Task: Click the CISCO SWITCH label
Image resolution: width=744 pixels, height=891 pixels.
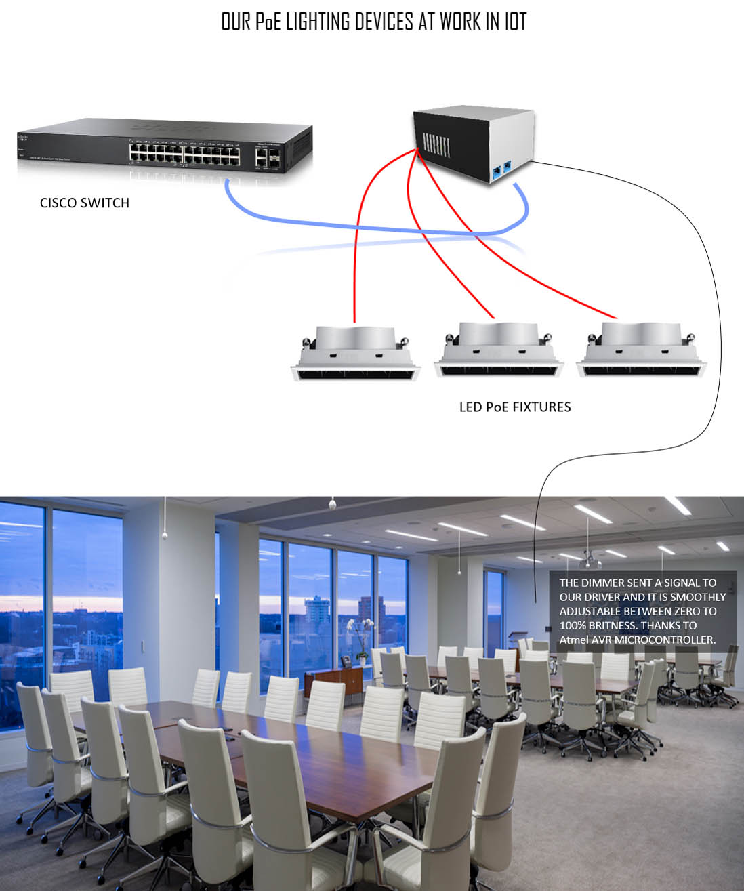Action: (85, 203)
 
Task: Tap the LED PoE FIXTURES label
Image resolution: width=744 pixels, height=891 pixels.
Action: (515, 407)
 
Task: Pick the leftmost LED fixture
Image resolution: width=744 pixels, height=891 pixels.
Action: (356, 352)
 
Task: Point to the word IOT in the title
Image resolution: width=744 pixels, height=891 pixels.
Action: (515, 22)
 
